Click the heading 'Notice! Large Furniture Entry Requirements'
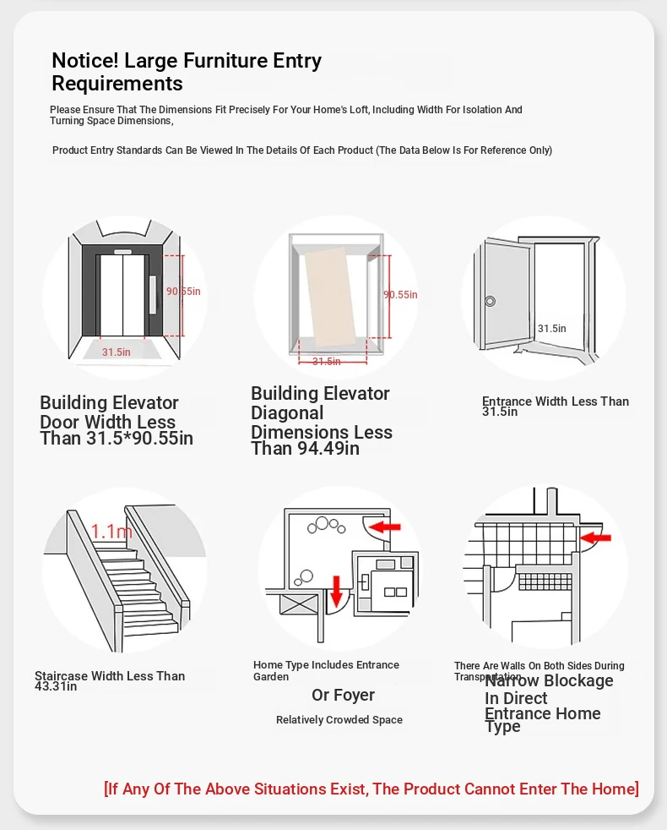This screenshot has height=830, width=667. tap(187, 72)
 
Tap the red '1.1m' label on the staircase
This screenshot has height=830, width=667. tap(111, 532)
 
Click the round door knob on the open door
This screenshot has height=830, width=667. tap(489, 300)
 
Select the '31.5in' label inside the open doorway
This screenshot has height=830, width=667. tap(552, 329)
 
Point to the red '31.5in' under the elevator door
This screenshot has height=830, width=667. tap(117, 352)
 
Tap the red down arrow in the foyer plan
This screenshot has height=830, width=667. tap(336, 591)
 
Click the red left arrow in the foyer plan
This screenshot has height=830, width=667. tap(387, 527)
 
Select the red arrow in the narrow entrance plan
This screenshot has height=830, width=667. tap(597, 537)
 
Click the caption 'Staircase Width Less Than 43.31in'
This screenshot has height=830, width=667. tap(110, 680)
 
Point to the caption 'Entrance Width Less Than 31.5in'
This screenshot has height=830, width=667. tap(555, 407)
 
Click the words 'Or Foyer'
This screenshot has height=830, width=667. tap(343, 696)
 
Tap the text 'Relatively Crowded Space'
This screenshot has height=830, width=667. tap(339, 720)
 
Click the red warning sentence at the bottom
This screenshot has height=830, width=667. tap(371, 789)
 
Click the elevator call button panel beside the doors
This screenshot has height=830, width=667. tap(152, 295)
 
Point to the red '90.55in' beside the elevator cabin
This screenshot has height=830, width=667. tap(400, 295)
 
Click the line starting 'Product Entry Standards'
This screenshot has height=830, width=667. tap(302, 150)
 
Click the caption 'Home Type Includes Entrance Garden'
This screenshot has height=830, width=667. tap(326, 670)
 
